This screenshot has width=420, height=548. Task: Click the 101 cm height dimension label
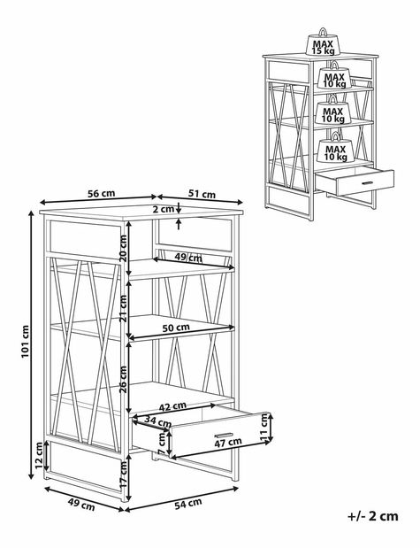tap(25, 342)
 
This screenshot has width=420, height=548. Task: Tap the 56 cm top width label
tap(102, 193)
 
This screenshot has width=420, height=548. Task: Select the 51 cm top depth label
tap(202, 194)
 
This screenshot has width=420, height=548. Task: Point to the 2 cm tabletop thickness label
tap(164, 209)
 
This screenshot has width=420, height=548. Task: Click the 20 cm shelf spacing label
tap(124, 249)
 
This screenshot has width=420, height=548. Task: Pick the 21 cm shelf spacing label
tap(123, 308)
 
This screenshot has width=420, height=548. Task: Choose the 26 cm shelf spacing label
tap(123, 380)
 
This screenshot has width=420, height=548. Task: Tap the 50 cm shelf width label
tap(176, 328)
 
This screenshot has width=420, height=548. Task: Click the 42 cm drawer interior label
tap(172, 407)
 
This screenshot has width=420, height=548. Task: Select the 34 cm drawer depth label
tap(157, 421)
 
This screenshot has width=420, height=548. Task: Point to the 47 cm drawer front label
tap(227, 442)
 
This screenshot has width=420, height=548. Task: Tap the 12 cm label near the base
tap(39, 455)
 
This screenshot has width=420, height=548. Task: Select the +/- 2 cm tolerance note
tap(373, 516)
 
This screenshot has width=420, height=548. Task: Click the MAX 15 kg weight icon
tap(324, 42)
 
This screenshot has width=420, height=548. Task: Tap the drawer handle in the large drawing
tap(224, 435)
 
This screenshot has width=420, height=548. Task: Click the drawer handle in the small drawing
tap(368, 182)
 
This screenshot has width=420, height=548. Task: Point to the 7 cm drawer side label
tap(161, 444)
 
